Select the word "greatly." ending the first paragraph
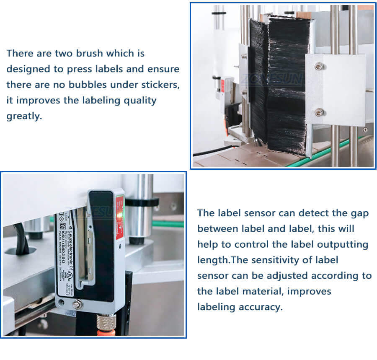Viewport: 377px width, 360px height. [24, 116]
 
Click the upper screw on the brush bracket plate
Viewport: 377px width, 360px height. [319, 66]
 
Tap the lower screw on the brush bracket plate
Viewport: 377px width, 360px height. [319, 112]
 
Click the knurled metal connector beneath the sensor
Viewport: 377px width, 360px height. [106, 323]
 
